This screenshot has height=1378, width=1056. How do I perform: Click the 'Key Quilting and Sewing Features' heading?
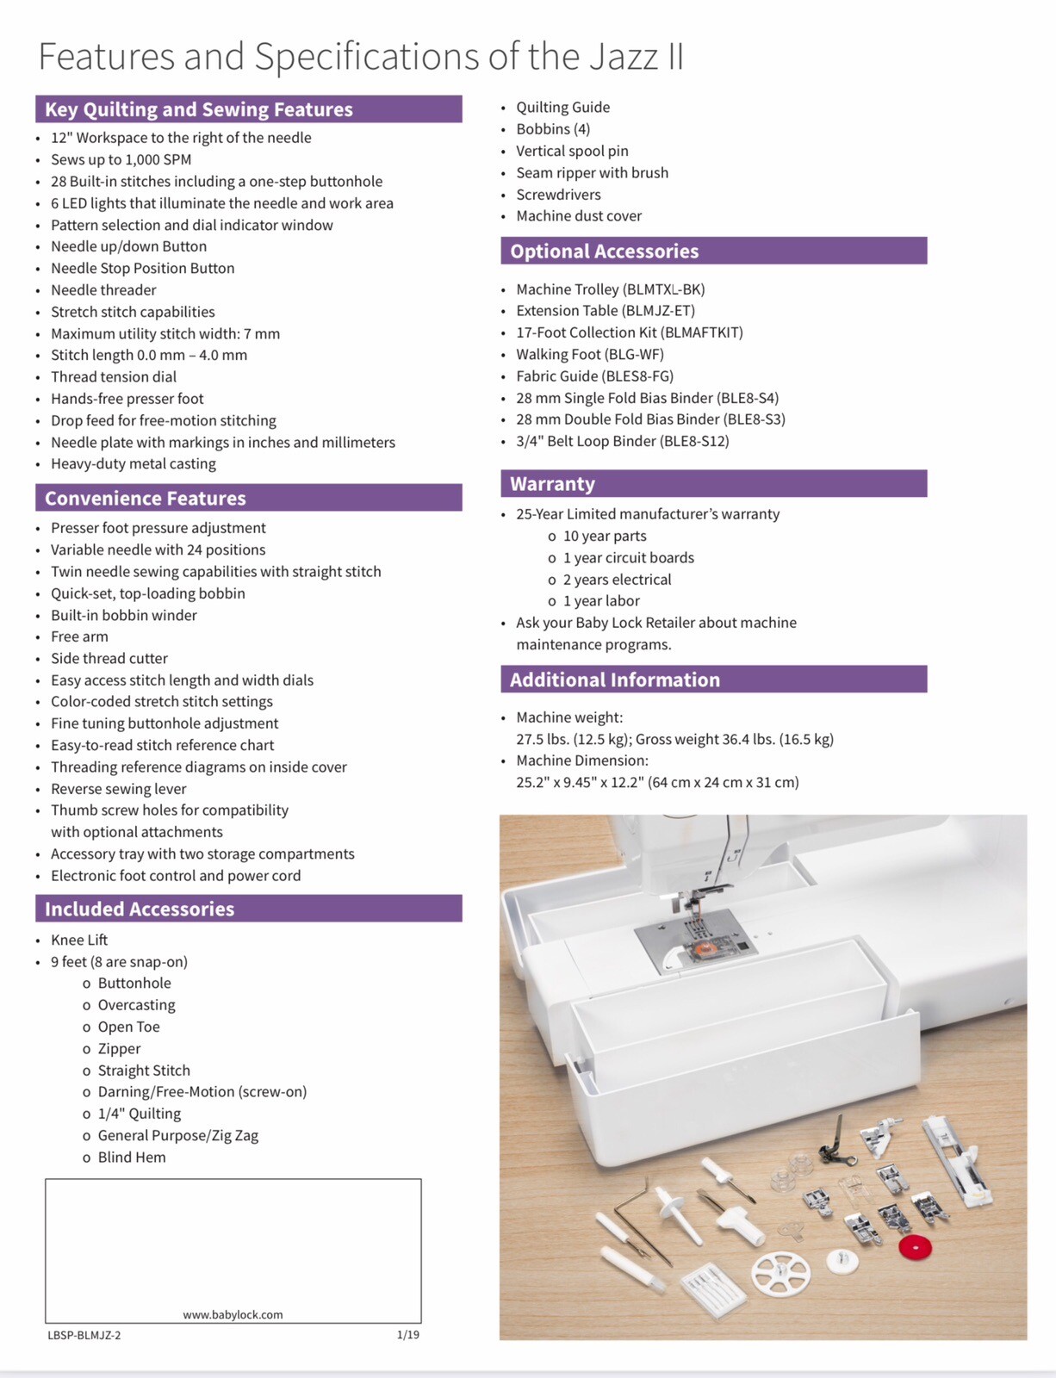pos(199,109)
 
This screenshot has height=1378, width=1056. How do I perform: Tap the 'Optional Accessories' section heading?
pos(604,251)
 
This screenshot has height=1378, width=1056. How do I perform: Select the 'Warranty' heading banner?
pos(552,484)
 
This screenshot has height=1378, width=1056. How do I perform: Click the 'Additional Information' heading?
pos(614,680)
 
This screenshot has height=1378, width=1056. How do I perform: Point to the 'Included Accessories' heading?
pos(140,909)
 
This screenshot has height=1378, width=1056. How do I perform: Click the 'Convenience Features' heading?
pos(146,498)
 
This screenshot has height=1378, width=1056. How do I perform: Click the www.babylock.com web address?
pos(233,1314)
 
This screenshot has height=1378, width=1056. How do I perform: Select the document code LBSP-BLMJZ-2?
pos(84,1335)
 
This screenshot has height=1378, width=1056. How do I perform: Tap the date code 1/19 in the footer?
pos(407,1335)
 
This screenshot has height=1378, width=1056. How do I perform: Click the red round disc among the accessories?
pos(915,1246)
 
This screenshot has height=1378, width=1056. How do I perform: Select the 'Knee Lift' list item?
pos(79,940)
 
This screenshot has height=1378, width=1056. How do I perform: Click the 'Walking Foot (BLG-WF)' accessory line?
pos(590,354)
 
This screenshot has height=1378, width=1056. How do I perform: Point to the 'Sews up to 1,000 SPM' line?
pos(121,159)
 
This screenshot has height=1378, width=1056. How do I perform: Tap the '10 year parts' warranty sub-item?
pos(605,536)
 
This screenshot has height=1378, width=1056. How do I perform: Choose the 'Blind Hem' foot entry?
pos(132,1157)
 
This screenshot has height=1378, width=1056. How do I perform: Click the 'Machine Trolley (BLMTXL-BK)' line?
pos(610,289)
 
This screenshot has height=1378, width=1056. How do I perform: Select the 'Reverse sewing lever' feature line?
pos(118,788)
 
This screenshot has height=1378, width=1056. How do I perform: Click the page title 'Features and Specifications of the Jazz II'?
pos(361,57)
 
